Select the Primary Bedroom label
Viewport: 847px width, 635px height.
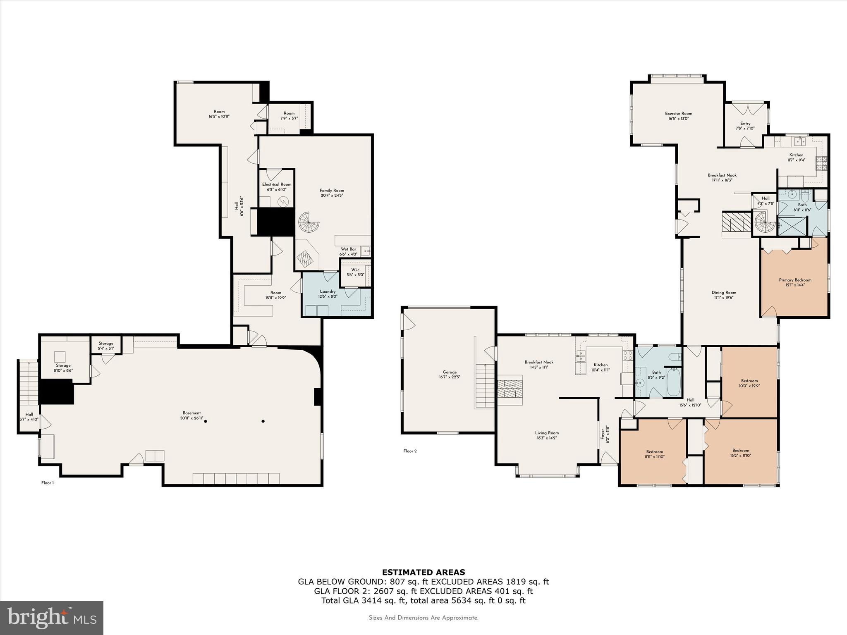[x=795, y=282]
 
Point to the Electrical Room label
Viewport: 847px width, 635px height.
[x=277, y=187]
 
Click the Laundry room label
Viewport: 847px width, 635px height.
[x=328, y=294]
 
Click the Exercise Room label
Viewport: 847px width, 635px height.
[x=678, y=116]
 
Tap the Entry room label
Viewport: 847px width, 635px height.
[x=745, y=126]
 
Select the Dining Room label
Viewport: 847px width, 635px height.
[x=724, y=295]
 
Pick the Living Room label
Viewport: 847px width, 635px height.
[x=547, y=435]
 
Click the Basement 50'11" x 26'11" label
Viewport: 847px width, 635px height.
[x=191, y=415]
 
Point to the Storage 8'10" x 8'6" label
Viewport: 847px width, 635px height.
[x=63, y=368]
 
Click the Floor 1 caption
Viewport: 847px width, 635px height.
[x=48, y=483]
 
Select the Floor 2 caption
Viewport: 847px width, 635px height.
[x=410, y=451]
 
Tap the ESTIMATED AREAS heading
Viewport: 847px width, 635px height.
[x=423, y=572]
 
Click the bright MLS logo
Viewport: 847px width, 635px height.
[x=52, y=618]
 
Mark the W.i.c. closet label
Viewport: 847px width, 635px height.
[x=356, y=272]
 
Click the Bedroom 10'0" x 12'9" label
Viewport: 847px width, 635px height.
[x=749, y=383]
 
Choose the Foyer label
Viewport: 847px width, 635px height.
[x=605, y=434]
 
